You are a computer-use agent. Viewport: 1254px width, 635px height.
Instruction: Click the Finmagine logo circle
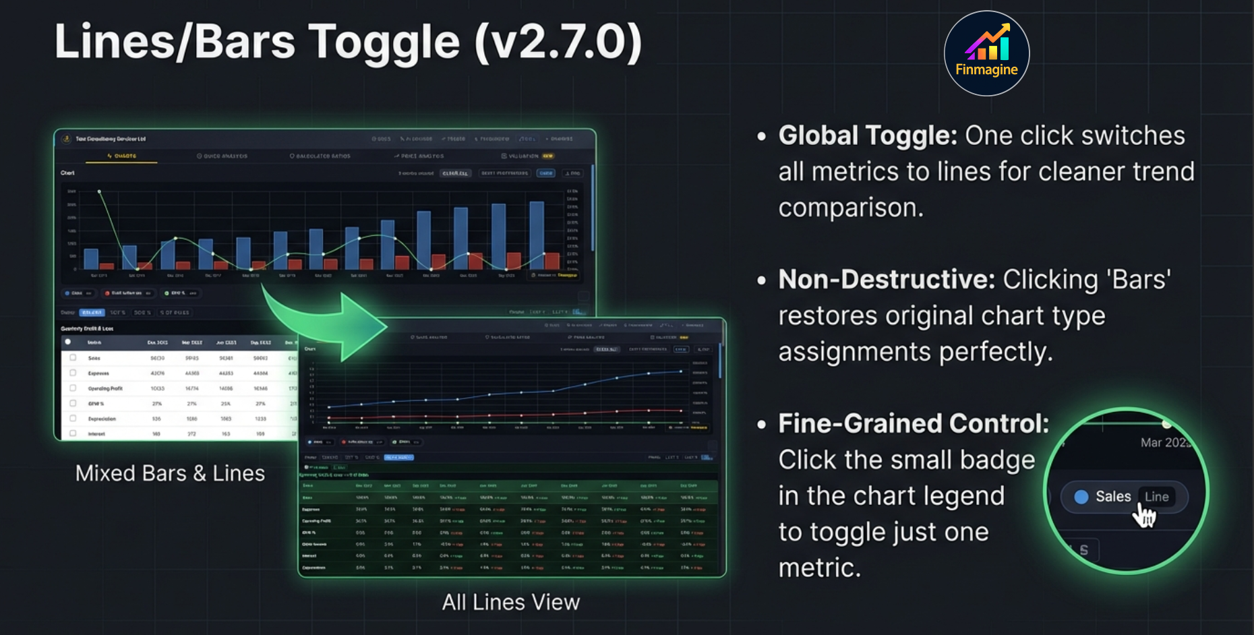point(986,53)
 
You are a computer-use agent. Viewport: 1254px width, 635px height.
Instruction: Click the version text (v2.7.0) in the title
point(558,42)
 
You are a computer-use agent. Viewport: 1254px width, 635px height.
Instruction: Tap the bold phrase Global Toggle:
point(867,135)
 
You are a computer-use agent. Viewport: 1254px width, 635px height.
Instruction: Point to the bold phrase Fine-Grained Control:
point(914,424)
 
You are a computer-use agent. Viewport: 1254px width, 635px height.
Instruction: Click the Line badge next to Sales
point(1156,497)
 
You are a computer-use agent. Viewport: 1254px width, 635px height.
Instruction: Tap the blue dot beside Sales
point(1081,497)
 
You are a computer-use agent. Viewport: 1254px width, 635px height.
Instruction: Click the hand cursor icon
point(1145,517)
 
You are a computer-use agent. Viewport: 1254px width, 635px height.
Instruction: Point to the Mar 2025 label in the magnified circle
point(1165,443)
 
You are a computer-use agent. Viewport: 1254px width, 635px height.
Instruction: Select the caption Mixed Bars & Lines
point(170,473)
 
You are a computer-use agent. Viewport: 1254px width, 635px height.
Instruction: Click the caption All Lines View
point(510,602)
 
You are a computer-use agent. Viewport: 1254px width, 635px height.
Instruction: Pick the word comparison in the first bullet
point(851,208)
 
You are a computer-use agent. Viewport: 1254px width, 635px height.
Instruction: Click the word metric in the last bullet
point(819,568)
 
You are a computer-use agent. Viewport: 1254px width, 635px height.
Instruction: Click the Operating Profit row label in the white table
point(105,389)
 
